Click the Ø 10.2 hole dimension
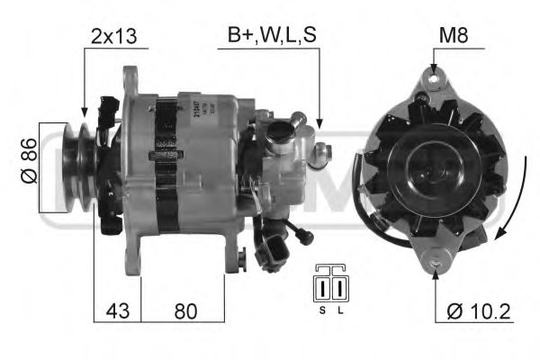point(478,311)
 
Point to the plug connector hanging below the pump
point(275,248)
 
